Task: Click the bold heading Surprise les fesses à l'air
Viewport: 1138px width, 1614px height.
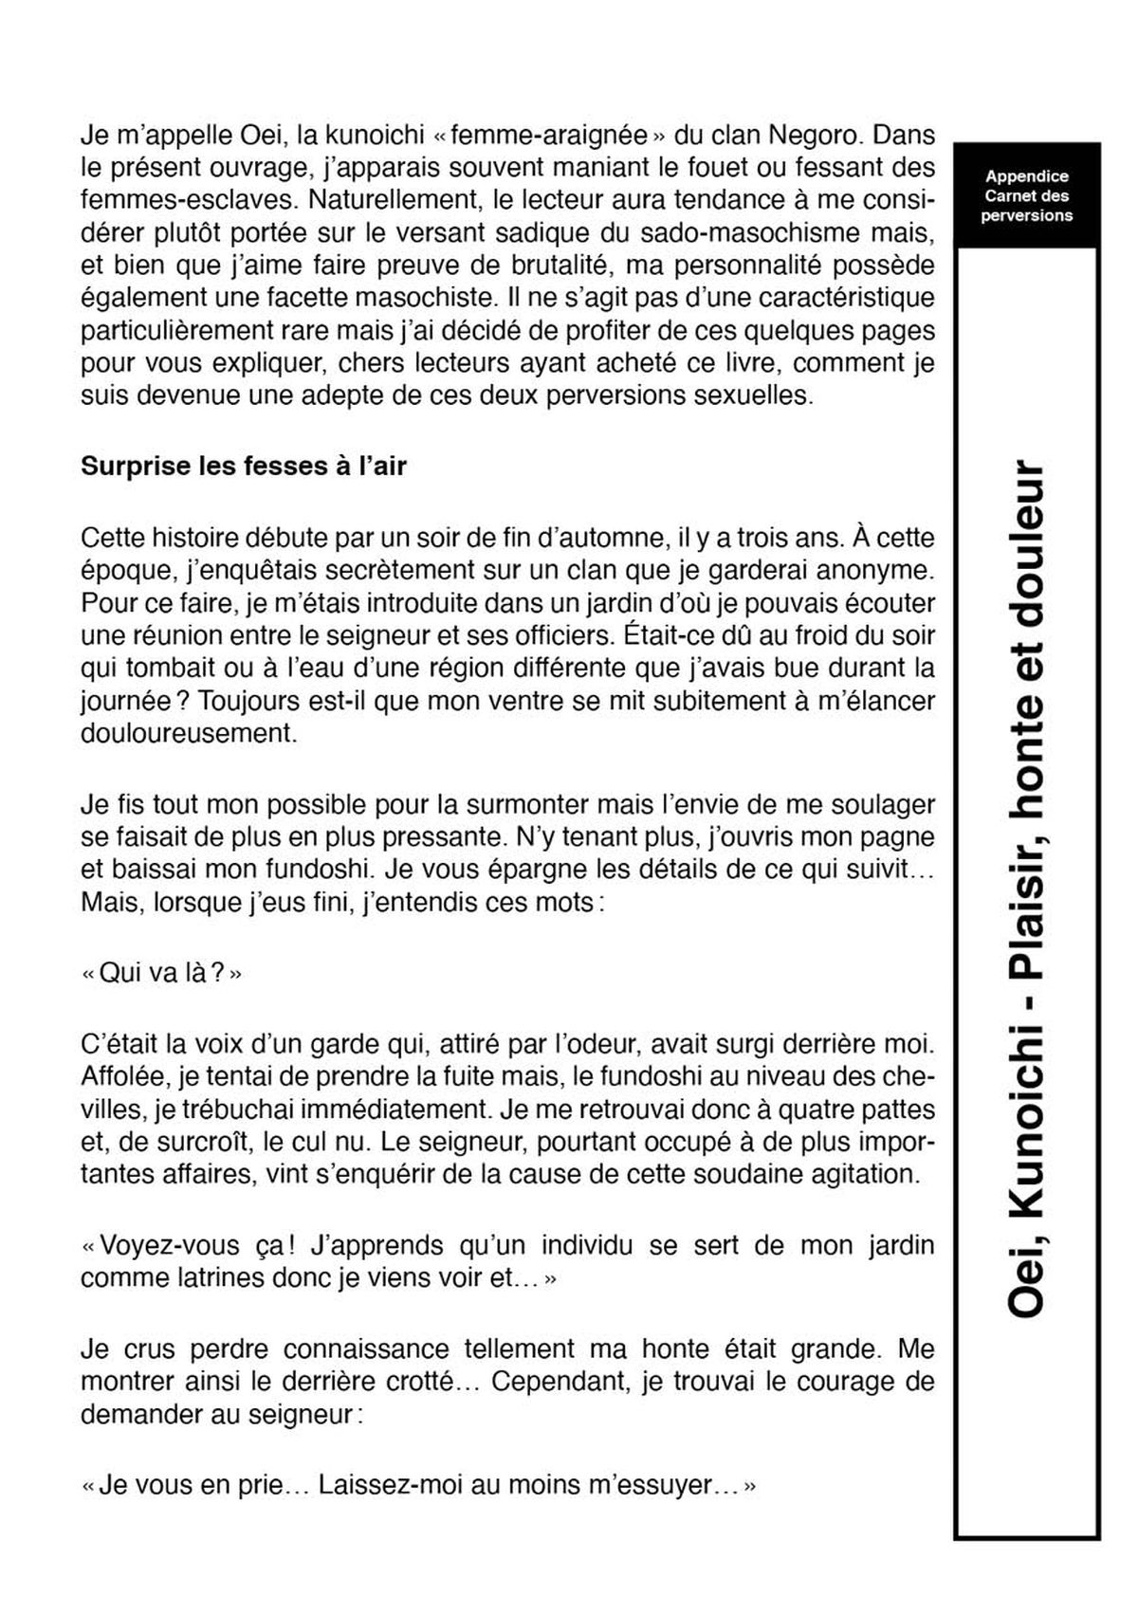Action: point(243,467)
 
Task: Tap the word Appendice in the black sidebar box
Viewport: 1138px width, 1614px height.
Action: point(1027,176)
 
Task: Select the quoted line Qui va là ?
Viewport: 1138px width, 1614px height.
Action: point(162,974)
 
